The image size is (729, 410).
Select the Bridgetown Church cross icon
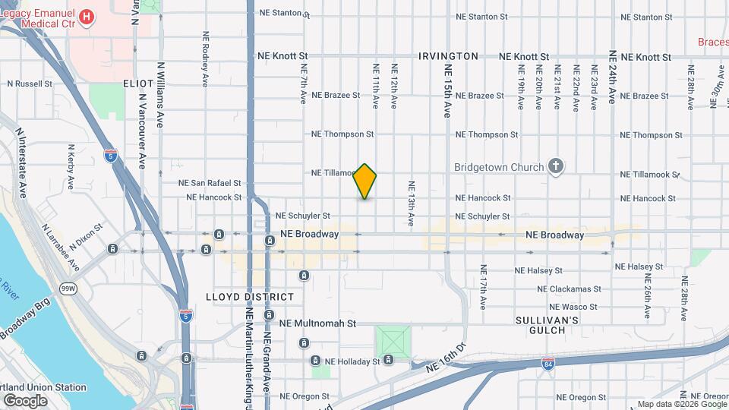pos(556,167)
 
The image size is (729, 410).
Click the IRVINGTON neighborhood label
pos(448,56)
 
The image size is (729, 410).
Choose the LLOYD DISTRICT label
pos(249,297)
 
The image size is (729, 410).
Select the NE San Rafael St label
pos(210,183)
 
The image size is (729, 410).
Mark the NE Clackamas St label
pos(569,289)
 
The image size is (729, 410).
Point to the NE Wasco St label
pos(573,307)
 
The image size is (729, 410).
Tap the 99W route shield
pos(68,289)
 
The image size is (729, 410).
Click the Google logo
pos(25,401)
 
